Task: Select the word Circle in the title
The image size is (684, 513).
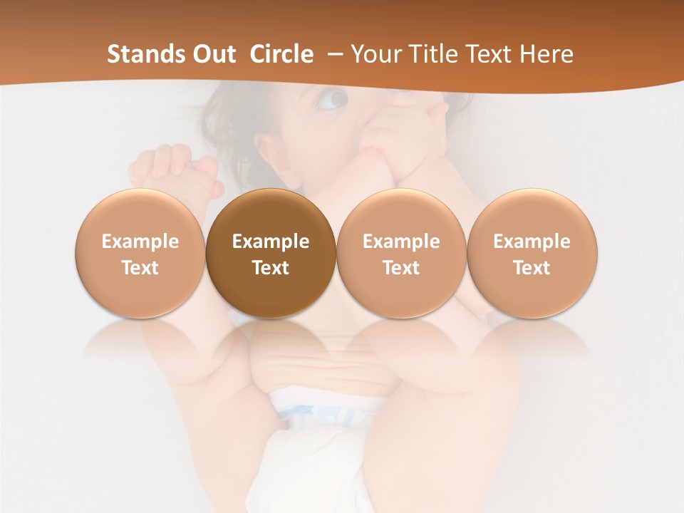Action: click(281, 54)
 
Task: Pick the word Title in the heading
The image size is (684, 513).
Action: click(430, 54)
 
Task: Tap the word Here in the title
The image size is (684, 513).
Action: click(547, 54)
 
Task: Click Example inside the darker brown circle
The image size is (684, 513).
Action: click(271, 242)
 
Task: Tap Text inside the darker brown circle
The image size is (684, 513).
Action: click(271, 268)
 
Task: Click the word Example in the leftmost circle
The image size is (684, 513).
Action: click(140, 242)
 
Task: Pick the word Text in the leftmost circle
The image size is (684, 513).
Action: click(140, 268)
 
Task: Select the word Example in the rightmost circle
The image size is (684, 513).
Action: click(532, 242)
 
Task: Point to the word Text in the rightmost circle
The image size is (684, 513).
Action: click(532, 268)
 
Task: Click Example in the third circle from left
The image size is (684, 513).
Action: click(401, 242)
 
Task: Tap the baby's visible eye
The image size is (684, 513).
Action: click(333, 100)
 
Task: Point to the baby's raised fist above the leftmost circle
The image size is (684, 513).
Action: click(171, 167)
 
